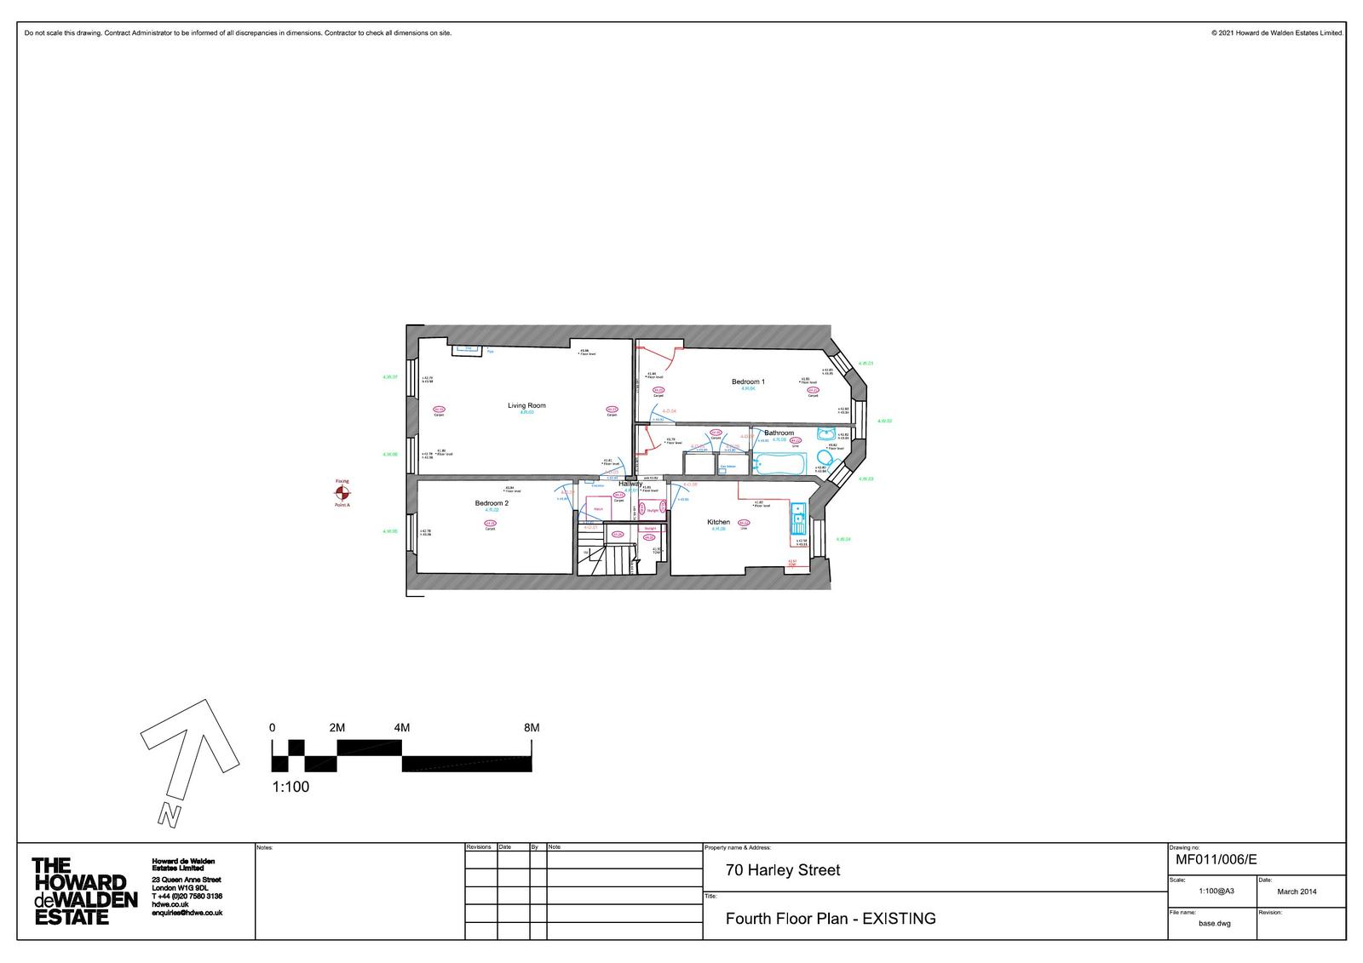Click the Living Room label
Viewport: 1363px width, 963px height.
526,405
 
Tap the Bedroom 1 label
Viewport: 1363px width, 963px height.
748,381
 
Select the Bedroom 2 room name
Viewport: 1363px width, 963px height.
492,503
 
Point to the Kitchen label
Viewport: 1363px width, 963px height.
718,522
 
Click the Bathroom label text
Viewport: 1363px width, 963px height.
779,433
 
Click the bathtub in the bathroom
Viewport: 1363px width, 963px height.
779,464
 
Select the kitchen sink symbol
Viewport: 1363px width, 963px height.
799,514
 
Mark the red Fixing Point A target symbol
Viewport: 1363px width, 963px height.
342,493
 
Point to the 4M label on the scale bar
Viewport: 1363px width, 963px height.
402,728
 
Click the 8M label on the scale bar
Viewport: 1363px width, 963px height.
532,728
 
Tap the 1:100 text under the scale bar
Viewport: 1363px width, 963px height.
290,787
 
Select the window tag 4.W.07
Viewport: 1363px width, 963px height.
390,377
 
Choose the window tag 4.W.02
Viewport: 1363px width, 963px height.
884,421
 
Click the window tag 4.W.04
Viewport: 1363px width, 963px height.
843,539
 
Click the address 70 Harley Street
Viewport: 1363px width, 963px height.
782,870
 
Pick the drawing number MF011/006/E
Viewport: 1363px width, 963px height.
1216,859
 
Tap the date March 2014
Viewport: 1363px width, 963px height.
1297,891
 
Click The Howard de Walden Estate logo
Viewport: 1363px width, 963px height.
84,891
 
